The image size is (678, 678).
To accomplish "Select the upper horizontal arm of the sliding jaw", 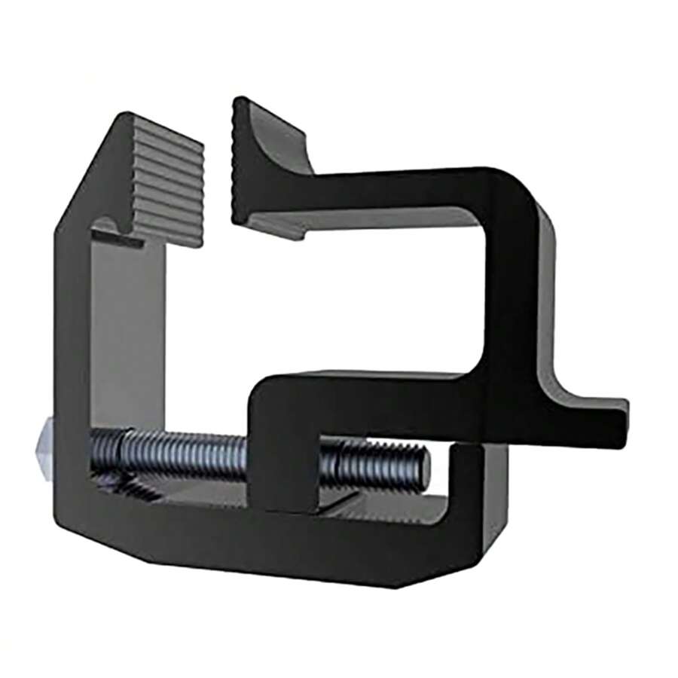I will tap(392, 188).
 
